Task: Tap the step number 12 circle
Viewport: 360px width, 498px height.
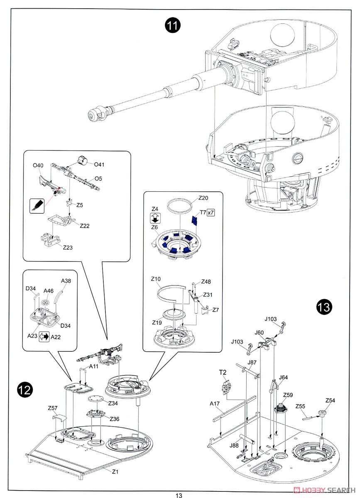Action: point(25,390)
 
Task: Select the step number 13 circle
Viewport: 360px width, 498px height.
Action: point(324,307)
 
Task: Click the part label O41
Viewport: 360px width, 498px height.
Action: point(99,165)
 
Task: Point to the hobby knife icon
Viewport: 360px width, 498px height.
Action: point(37,205)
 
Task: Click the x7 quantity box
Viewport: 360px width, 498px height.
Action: point(211,212)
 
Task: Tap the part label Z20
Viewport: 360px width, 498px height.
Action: point(203,198)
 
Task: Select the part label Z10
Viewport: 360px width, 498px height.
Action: point(156,279)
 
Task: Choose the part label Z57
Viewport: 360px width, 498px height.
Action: point(53,408)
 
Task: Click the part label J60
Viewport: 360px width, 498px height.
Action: point(259,332)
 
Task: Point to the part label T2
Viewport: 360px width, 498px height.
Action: point(223,372)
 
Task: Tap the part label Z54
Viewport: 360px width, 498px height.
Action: point(330,400)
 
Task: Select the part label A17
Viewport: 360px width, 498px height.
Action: point(214,403)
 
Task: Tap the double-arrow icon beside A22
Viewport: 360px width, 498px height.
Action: point(44,337)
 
